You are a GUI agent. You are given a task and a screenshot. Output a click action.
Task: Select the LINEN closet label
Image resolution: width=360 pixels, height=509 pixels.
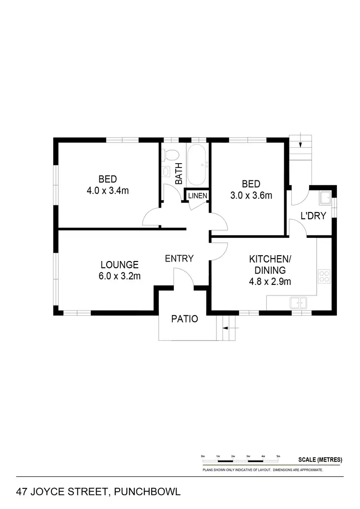click(198, 196)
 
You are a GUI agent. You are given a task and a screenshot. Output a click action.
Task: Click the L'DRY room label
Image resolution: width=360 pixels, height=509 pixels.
click(313, 216)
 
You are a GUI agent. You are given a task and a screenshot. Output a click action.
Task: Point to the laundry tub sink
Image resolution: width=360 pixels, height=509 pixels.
click(325, 196)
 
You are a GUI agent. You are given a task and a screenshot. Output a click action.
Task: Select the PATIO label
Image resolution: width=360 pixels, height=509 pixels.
click(185, 319)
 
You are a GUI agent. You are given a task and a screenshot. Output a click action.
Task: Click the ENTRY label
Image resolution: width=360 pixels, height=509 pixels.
click(179, 259)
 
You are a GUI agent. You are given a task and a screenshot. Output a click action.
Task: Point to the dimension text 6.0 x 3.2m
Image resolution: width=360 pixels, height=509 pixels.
click(120, 275)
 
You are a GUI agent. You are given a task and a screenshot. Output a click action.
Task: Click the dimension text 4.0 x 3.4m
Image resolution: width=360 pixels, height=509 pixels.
click(108, 190)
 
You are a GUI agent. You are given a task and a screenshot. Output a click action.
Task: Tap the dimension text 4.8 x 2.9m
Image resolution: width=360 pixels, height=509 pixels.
click(270, 282)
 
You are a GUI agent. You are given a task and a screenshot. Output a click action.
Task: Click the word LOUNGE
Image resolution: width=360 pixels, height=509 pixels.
click(120, 264)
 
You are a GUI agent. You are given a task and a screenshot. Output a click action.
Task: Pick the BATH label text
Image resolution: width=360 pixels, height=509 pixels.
click(179, 174)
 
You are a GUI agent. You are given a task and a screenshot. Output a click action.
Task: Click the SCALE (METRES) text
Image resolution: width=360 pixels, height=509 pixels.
click(320, 460)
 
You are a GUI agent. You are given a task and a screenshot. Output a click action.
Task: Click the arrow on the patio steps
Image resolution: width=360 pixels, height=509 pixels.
click(229, 329)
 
